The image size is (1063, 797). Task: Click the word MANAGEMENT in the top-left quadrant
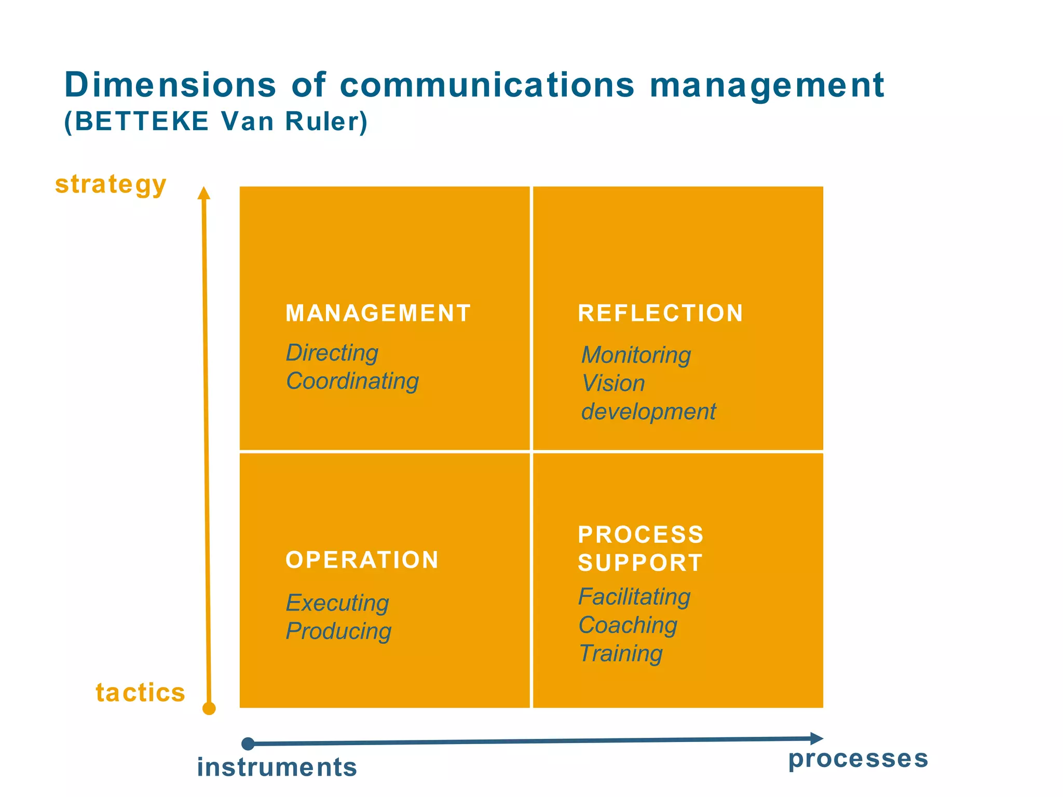click(378, 313)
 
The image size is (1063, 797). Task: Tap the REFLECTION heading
click(660, 313)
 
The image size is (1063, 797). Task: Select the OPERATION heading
click(362, 560)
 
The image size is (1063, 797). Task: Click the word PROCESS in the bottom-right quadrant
click(640, 535)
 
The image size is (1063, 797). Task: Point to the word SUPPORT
click(640, 563)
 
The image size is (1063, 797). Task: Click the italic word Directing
click(332, 353)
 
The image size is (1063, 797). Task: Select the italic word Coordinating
click(352, 381)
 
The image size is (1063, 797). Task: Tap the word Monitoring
click(636, 355)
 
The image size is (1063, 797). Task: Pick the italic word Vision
click(613, 383)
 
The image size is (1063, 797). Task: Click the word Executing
click(337, 603)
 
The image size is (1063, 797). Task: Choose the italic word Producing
click(338, 631)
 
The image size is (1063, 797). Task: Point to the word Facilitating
click(634, 597)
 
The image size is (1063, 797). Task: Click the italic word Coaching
click(628, 625)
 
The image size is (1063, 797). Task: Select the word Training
click(621, 653)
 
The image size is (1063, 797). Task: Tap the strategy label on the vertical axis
click(111, 185)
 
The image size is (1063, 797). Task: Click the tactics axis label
click(140, 693)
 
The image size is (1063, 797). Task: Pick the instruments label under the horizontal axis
click(277, 767)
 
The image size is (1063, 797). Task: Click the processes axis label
click(858, 759)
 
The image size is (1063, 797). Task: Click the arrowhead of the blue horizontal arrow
click(816, 738)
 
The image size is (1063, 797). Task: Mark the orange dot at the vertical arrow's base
click(209, 708)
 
